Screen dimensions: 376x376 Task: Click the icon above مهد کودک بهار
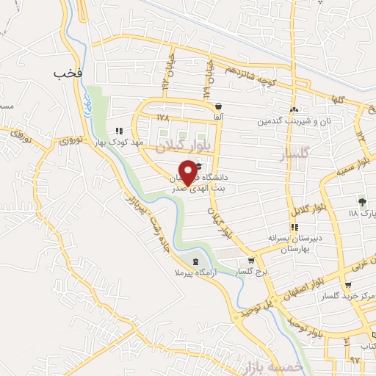118,131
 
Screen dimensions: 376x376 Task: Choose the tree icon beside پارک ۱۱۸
361,201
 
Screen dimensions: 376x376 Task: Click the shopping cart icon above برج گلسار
252,261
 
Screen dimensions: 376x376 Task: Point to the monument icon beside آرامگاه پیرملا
195,261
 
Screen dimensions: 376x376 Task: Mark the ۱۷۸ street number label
163,117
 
